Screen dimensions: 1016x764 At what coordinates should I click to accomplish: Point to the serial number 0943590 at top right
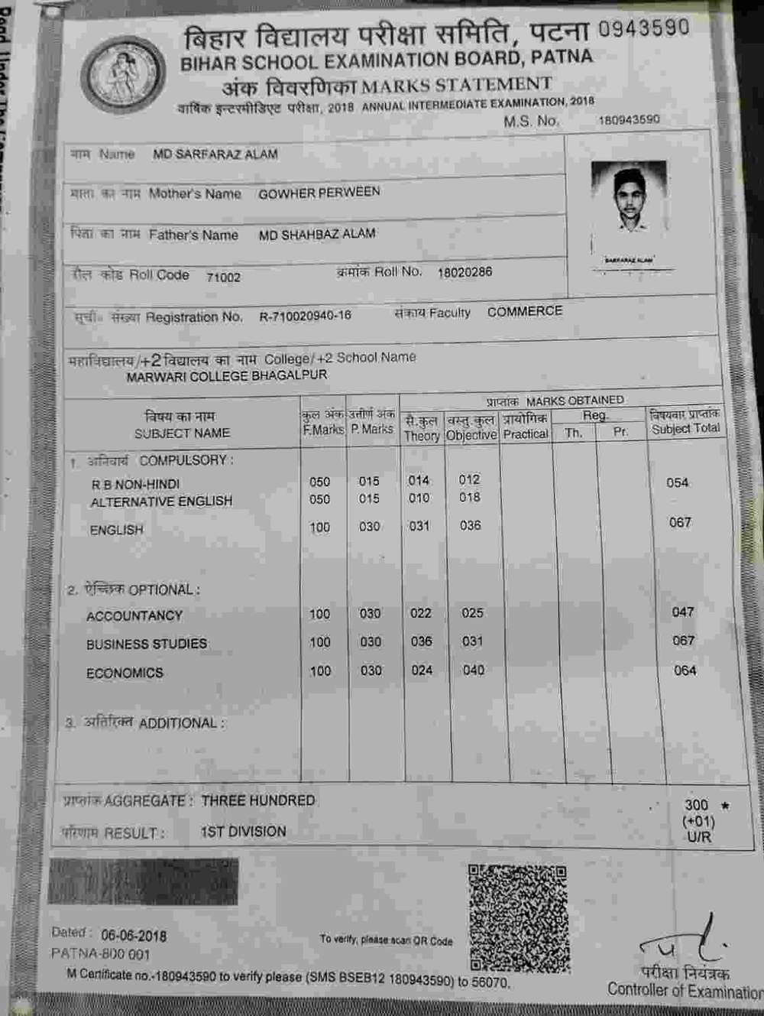pyautogui.click(x=643, y=28)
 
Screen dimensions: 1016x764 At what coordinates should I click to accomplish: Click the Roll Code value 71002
pyautogui.click(x=223, y=278)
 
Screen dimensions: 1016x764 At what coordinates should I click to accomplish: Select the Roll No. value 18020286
pyautogui.click(x=465, y=272)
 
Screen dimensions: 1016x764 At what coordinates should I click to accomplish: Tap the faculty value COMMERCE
pyautogui.click(x=525, y=311)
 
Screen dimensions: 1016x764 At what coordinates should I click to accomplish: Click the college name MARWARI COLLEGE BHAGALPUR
pyautogui.click(x=226, y=376)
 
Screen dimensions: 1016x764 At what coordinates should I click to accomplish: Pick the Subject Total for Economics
pyautogui.click(x=685, y=670)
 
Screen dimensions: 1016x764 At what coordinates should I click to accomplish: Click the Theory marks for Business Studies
pyautogui.click(x=421, y=642)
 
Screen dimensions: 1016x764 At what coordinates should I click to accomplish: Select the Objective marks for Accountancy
pyautogui.click(x=472, y=613)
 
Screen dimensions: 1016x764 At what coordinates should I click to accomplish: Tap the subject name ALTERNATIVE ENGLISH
pyautogui.click(x=161, y=502)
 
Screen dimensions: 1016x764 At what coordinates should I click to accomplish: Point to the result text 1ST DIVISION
pyautogui.click(x=243, y=832)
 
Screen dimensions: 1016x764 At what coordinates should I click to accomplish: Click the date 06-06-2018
pyautogui.click(x=134, y=936)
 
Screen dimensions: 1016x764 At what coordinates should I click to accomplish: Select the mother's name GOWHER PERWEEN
pyautogui.click(x=319, y=193)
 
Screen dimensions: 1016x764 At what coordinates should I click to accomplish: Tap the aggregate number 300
pyautogui.click(x=696, y=805)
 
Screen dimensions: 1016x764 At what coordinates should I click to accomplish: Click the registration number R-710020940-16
pyautogui.click(x=305, y=316)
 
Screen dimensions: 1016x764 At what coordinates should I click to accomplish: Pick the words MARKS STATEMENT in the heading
pyautogui.click(x=456, y=84)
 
